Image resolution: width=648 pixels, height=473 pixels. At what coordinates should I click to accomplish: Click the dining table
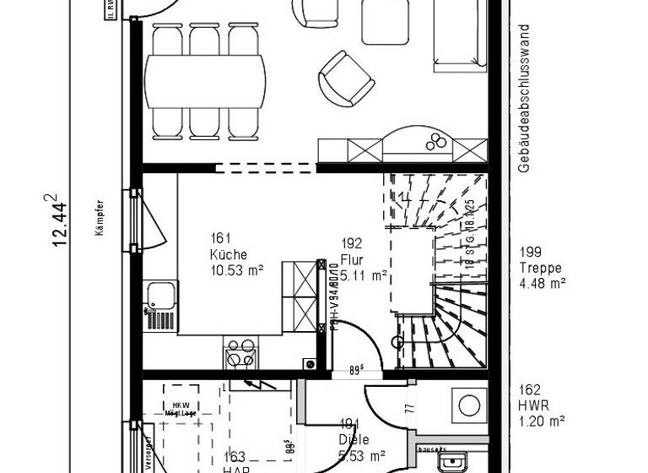(x=206, y=81)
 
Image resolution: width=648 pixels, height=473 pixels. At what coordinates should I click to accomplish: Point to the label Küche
(x=229, y=254)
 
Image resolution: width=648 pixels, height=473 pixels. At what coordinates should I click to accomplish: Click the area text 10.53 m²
(x=237, y=270)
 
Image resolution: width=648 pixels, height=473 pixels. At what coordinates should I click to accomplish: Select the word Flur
(x=352, y=259)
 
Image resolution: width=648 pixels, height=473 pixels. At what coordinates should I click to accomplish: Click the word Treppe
(x=541, y=268)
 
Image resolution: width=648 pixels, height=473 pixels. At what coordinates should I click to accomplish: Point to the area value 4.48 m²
(x=543, y=283)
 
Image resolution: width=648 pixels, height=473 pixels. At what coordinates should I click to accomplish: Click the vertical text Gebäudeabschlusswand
(x=524, y=98)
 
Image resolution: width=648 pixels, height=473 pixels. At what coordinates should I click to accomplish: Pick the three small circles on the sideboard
(x=438, y=141)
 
